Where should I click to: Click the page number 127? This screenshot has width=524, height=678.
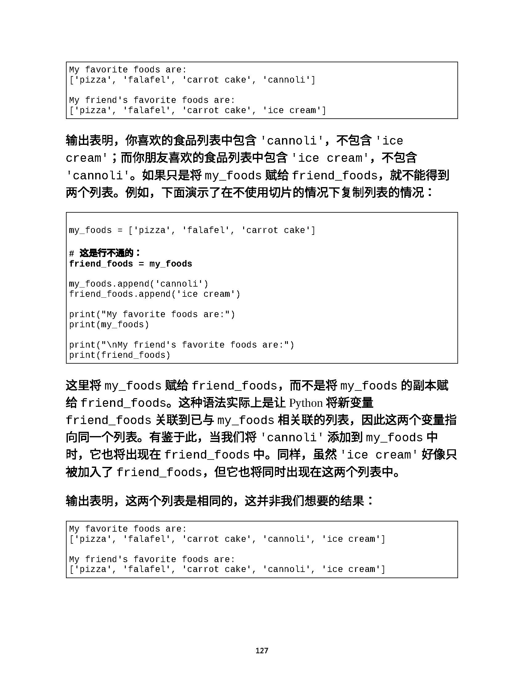click(262, 650)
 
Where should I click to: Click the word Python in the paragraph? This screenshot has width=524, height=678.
click(306, 403)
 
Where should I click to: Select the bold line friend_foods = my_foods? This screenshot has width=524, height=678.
click(130, 264)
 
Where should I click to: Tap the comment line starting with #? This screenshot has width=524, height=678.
click(105, 253)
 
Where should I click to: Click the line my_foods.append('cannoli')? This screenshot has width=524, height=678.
click(138, 284)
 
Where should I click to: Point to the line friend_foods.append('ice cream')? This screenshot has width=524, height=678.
click(155, 294)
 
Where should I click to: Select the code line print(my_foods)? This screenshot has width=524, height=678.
click(109, 325)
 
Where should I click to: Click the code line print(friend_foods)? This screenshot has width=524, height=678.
click(120, 355)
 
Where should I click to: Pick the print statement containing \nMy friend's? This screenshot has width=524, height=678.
click(181, 345)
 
